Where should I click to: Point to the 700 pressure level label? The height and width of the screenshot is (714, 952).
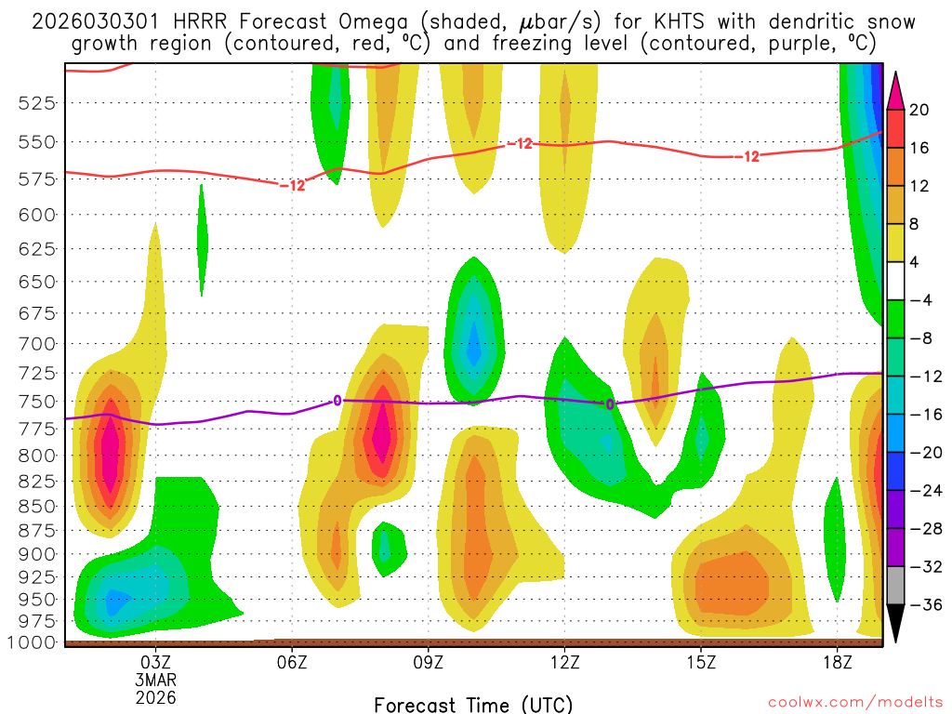[x=38, y=344]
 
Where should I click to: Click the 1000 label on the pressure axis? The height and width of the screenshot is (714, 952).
[x=34, y=642]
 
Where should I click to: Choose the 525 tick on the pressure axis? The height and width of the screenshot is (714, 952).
[x=38, y=102]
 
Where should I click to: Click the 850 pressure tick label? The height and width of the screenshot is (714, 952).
[x=38, y=507]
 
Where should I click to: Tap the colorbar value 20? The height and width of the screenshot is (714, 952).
[x=919, y=110]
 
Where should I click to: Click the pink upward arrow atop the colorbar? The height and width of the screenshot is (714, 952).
[x=895, y=90]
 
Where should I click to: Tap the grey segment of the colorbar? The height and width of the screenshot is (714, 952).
[x=895, y=586]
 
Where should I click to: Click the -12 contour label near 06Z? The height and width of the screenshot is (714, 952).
[x=293, y=186]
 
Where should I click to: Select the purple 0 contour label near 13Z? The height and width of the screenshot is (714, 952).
[x=610, y=404]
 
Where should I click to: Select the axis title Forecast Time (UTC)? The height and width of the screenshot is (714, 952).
[x=473, y=705]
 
